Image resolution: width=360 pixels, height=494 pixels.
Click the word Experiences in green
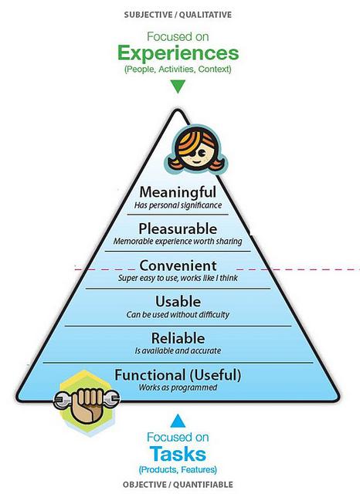pos(178,53)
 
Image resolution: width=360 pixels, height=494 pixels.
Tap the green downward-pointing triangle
pos(178,86)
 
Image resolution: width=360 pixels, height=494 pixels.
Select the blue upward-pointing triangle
pos(178,421)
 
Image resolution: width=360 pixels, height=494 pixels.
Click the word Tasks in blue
pos(178,454)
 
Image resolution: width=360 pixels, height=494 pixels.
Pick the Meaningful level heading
pos(178,192)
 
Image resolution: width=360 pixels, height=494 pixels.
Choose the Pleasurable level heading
pos(178,228)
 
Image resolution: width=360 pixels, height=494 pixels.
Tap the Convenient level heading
pos(178,266)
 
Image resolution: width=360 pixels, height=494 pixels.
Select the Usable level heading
pos(178,302)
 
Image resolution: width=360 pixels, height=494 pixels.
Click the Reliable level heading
pos(178,338)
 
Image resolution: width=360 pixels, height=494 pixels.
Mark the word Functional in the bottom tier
pos(150,375)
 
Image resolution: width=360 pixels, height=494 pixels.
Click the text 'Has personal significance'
pos(178,205)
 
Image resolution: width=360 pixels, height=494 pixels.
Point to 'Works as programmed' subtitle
pos(178,387)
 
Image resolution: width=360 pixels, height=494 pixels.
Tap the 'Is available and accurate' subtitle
pos(178,350)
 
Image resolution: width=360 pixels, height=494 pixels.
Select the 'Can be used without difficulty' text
pos(178,314)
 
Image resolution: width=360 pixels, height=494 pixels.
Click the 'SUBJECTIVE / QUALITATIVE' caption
pos(178,15)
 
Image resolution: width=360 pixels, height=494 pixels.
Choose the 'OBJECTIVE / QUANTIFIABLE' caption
pos(178,485)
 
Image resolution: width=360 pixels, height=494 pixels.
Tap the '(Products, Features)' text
pos(178,470)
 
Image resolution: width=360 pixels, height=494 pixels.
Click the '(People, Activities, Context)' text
pos(178,69)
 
